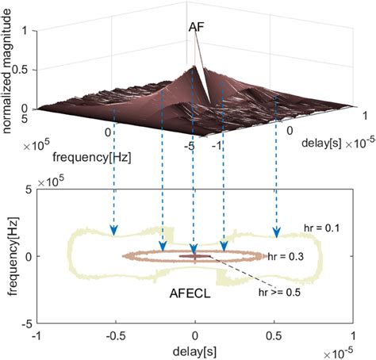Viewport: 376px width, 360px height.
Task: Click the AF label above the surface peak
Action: coord(199,26)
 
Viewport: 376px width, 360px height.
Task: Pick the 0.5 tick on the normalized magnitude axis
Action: coord(26,69)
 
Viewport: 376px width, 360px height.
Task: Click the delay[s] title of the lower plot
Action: coord(195,350)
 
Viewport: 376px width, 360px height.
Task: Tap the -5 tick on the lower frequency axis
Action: coord(25,324)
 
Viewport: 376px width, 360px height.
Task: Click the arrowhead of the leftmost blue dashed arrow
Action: coord(114,231)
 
